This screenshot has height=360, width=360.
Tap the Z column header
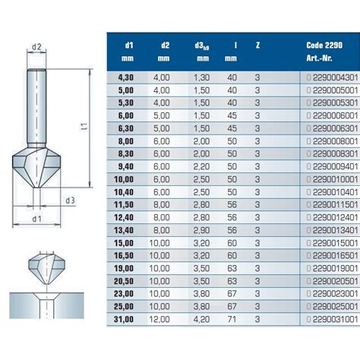[x=258, y=44]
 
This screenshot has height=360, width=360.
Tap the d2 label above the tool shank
[x=36, y=46]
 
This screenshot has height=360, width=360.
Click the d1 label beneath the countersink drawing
[x=36, y=220]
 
